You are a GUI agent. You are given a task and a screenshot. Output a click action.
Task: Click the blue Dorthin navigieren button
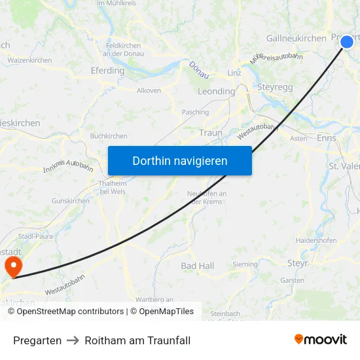click(x=180, y=160)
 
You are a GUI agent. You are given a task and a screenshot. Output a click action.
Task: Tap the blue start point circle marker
click(x=347, y=42)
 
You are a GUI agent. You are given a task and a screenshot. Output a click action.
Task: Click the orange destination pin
click(x=12, y=266)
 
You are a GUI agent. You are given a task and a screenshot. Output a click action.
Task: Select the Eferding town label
click(x=107, y=71)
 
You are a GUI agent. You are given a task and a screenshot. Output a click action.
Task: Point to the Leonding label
click(x=216, y=92)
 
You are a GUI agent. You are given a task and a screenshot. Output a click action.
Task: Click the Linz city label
click(x=234, y=73)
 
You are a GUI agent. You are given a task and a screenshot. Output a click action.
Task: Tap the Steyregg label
click(x=276, y=86)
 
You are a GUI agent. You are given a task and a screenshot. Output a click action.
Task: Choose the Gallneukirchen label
click(x=296, y=39)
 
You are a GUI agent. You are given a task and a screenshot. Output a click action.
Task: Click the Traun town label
click(x=211, y=133)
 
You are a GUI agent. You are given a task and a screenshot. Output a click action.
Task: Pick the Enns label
click(x=326, y=138)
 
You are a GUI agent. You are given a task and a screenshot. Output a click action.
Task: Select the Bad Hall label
click(x=197, y=266)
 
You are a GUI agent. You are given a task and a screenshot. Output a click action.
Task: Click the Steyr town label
click(x=298, y=262)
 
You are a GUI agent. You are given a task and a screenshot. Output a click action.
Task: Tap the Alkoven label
click(x=149, y=91)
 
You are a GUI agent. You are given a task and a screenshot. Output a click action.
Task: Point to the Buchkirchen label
click(x=109, y=136)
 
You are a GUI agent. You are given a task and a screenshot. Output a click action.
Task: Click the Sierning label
click(x=245, y=265)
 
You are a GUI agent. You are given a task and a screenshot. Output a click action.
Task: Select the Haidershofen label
click(x=316, y=240)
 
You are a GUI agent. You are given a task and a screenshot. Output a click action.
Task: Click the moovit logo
click(x=321, y=339)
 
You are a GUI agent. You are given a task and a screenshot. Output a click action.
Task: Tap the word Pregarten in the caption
click(x=37, y=340)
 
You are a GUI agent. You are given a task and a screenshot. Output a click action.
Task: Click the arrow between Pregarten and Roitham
click(x=73, y=340)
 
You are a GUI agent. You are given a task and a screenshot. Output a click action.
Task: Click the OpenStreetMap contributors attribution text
click(x=66, y=312)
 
